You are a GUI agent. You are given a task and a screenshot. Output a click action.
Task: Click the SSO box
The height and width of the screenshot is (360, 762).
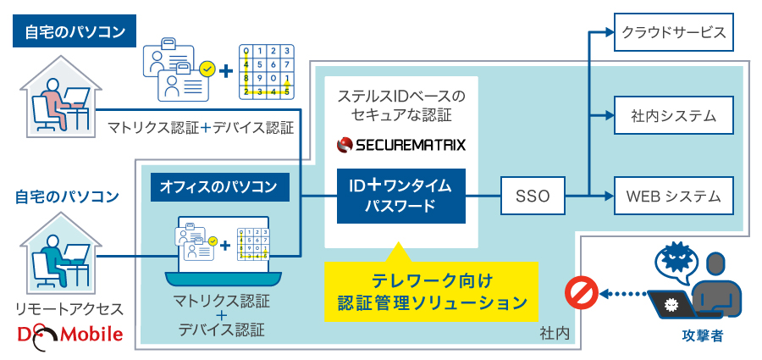[533, 197]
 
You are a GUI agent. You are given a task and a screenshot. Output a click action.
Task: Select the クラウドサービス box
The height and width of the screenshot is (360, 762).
[673, 33]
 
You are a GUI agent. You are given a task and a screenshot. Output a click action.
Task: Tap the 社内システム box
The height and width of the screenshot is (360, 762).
[673, 115]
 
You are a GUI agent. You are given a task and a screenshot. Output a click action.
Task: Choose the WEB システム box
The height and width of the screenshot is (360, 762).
[673, 197]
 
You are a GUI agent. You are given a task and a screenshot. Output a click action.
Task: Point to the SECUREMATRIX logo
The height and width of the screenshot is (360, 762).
[400, 146]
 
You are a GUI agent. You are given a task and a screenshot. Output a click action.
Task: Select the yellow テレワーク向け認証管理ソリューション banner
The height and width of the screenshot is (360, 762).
[432, 290]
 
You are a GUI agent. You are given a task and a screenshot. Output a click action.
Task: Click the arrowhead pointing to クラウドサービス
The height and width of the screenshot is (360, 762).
[605, 33]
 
